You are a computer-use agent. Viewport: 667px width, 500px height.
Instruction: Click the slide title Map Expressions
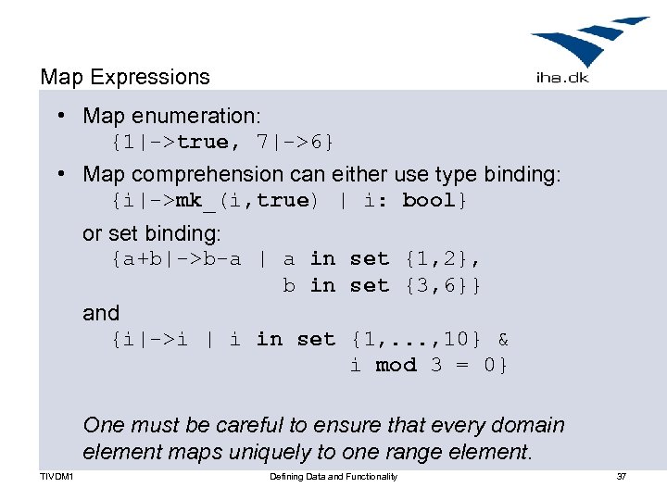(125, 78)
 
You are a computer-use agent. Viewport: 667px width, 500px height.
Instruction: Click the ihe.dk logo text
(562, 77)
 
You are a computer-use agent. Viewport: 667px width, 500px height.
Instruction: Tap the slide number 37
(622, 477)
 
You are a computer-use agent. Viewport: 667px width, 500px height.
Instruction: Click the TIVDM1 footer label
(57, 477)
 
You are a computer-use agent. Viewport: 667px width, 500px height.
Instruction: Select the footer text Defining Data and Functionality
(333, 477)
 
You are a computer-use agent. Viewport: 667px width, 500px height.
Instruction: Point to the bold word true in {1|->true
(202, 143)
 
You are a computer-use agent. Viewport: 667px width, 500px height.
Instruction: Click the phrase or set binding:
(152, 233)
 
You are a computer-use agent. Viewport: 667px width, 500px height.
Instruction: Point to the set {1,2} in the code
(442, 259)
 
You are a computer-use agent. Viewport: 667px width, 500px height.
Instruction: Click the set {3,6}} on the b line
(442, 286)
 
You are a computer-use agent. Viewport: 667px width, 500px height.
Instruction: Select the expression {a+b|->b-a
(176, 259)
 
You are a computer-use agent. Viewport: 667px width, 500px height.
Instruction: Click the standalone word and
(101, 313)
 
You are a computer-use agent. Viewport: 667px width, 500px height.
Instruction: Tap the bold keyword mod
(396, 366)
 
